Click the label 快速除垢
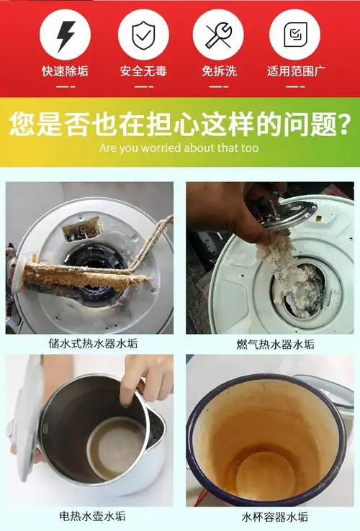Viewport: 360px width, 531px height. (66, 71)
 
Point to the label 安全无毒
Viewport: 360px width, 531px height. (143, 71)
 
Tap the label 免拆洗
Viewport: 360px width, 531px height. (218, 71)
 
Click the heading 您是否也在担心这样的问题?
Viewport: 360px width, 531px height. (179, 123)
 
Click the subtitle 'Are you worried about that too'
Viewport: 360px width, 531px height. (179, 148)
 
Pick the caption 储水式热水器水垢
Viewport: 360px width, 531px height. (90, 343)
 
